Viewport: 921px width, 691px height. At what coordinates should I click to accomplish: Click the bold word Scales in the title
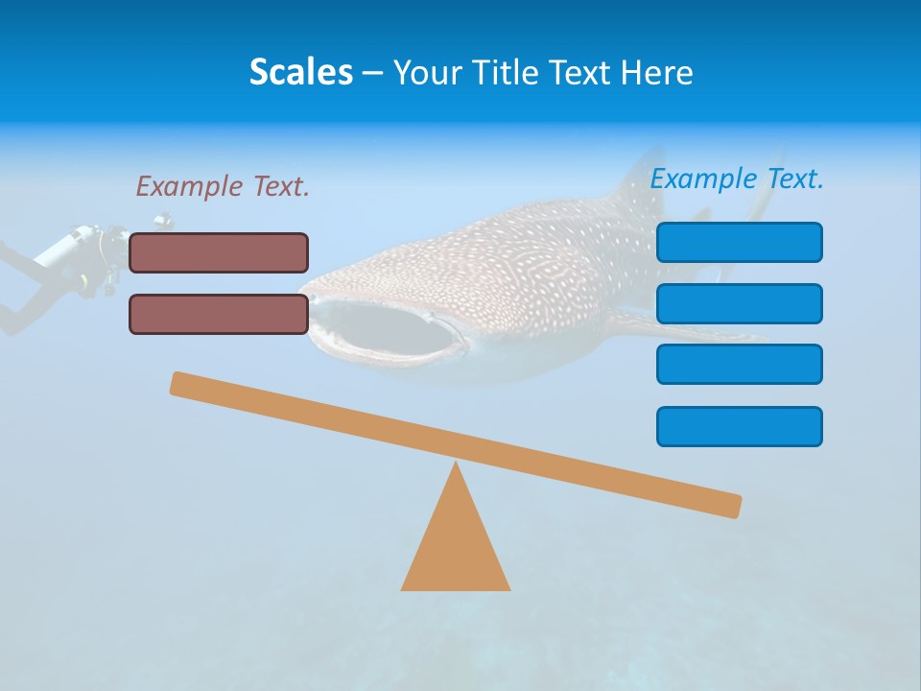tap(300, 72)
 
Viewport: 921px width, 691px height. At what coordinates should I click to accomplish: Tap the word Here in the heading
tap(656, 72)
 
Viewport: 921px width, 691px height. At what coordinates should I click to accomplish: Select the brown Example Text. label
tap(223, 186)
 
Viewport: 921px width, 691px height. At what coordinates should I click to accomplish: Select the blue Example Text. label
tap(737, 179)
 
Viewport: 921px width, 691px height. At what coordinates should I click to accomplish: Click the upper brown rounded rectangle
tap(219, 252)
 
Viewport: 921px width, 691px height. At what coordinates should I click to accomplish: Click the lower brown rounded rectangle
tap(219, 314)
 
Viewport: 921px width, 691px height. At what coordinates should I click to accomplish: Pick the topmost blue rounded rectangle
tap(739, 242)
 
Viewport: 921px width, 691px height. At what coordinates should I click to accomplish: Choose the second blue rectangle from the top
tap(739, 303)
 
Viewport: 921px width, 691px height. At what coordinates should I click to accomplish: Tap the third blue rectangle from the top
tap(739, 364)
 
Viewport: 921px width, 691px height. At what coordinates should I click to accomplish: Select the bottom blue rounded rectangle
tap(739, 426)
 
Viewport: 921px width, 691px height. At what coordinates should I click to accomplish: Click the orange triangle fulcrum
tap(456, 547)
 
